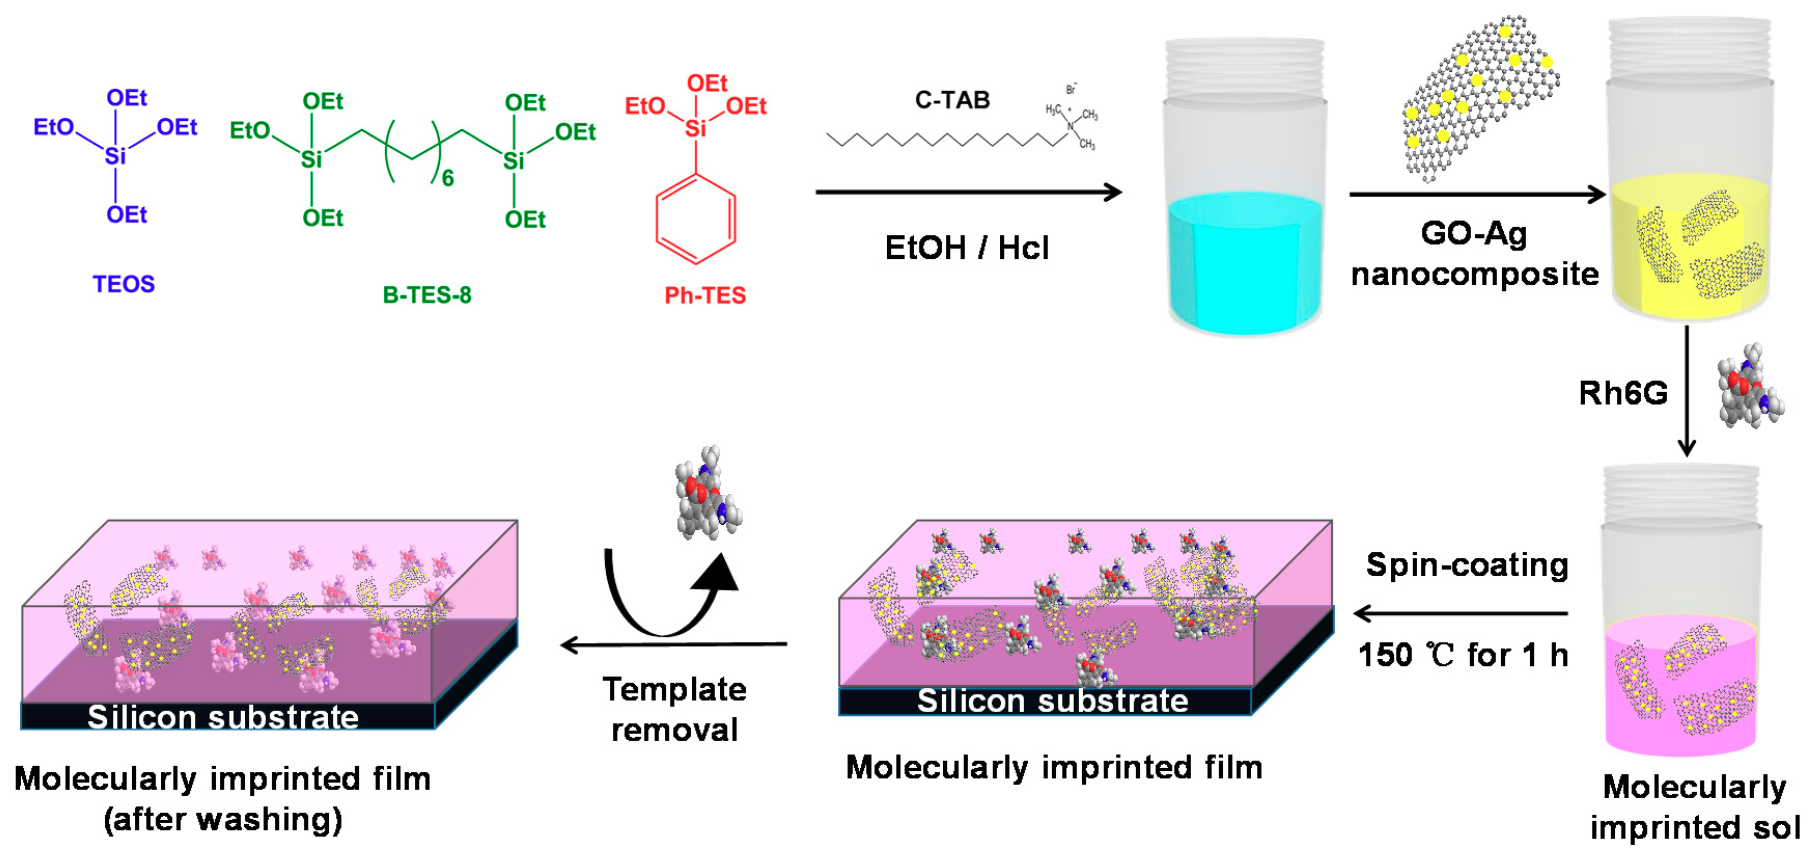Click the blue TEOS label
click(123, 284)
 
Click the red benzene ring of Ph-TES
click(695, 219)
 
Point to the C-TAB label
click(952, 100)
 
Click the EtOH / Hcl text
click(967, 248)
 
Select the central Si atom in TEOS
click(115, 155)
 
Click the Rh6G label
click(1623, 393)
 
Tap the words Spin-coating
click(1466, 565)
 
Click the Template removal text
click(674, 709)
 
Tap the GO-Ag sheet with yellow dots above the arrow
click(1478, 99)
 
